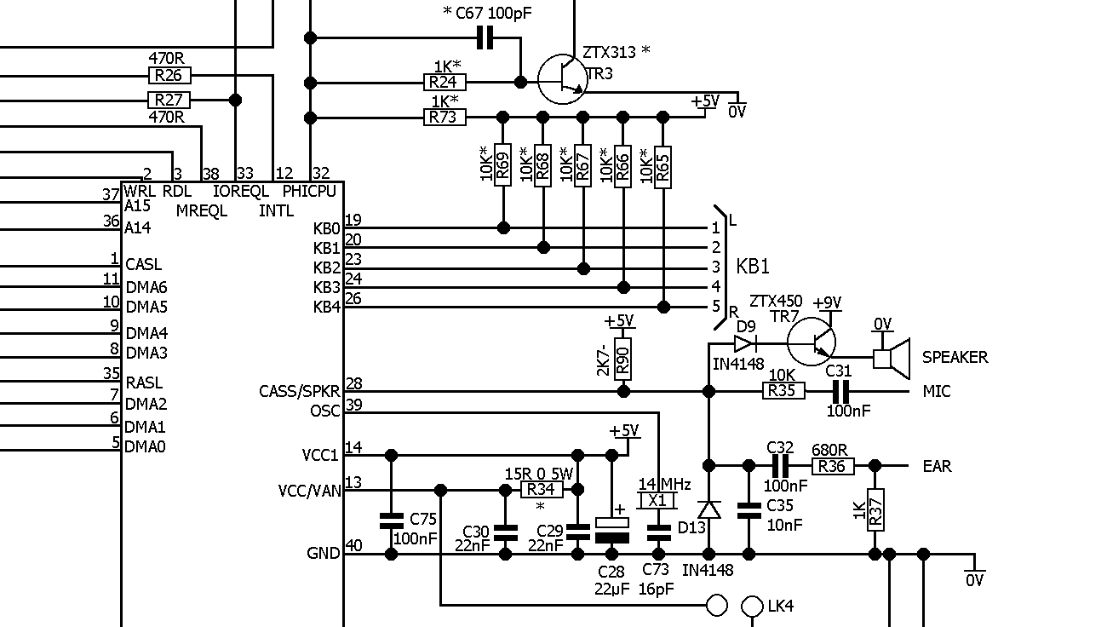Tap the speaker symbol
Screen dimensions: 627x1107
click(x=891, y=357)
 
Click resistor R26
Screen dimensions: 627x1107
click(x=169, y=75)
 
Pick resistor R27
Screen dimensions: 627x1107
click(x=169, y=100)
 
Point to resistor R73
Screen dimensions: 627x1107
click(x=445, y=117)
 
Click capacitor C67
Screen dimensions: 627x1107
click(x=485, y=37)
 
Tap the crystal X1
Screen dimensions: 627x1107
click(x=657, y=500)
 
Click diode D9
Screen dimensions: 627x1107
click(x=744, y=343)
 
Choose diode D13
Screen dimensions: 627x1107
click(x=708, y=509)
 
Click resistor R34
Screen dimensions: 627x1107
click(x=542, y=490)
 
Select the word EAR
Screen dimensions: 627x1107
click(x=937, y=466)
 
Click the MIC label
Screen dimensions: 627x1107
click(x=937, y=391)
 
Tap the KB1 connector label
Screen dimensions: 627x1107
click(x=753, y=267)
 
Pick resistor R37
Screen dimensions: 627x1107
click(x=875, y=509)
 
